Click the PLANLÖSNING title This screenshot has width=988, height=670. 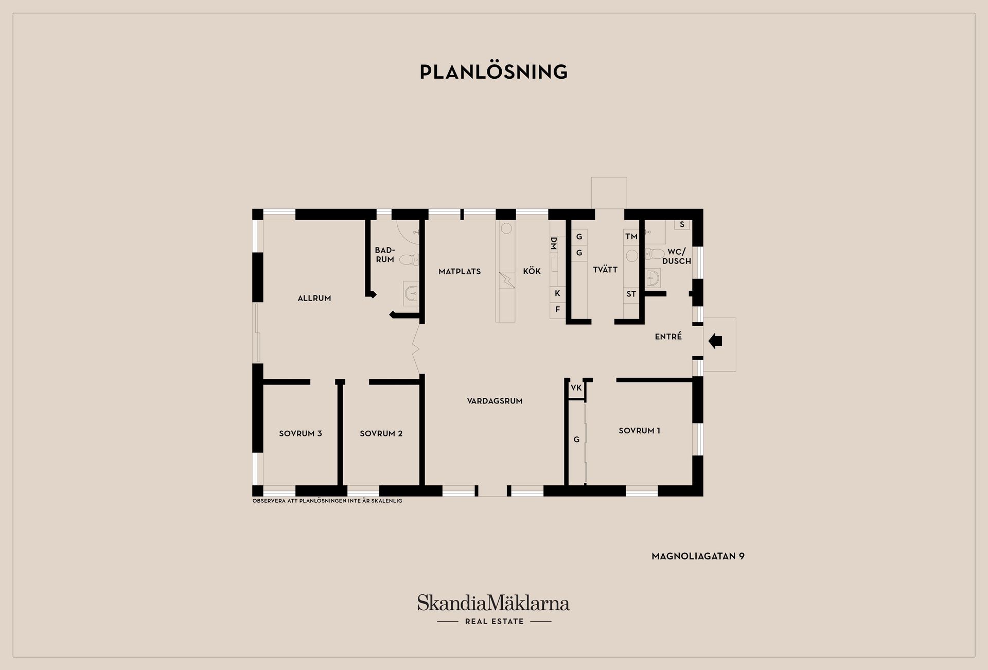[x=493, y=72]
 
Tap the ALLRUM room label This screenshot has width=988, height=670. [x=314, y=298]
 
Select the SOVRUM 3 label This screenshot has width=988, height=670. [x=301, y=433]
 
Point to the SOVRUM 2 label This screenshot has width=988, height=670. [x=381, y=433]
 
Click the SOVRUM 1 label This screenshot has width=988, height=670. [x=640, y=431]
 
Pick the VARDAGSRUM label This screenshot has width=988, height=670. [x=495, y=401]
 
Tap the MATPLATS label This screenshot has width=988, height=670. [x=460, y=271]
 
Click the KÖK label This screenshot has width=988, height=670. [x=532, y=271]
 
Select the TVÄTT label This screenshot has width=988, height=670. [x=605, y=269]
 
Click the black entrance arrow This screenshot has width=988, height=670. [x=716, y=341]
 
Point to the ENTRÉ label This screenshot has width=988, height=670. [x=668, y=336]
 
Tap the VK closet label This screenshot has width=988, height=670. [x=576, y=387]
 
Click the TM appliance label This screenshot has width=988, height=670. [x=631, y=237]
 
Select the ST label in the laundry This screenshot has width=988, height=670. [x=631, y=294]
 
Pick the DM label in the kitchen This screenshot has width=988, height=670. [x=554, y=243]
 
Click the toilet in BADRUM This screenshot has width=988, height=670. [x=410, y=259]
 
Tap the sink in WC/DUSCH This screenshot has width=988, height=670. [x=652, y=278]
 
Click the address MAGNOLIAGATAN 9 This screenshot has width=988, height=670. [x=698, y=556]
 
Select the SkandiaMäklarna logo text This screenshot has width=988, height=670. [x=493, y=603]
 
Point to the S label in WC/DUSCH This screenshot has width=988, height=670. [x=682, y=224]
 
